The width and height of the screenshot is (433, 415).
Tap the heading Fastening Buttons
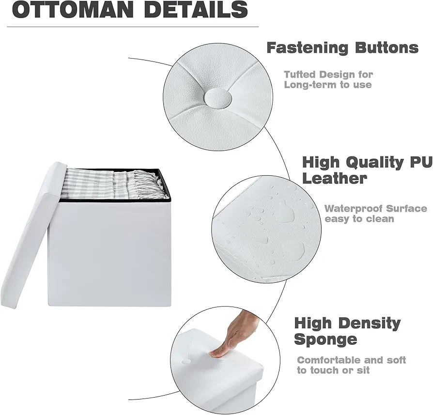click(342, 48)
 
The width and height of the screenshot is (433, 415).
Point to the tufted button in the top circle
click(218, 99)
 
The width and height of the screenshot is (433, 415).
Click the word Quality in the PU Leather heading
click(375, 162)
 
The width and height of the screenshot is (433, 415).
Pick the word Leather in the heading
click(335, 178)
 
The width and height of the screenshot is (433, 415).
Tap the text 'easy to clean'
click(359, 219)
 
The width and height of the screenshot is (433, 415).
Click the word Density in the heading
click(370, 323)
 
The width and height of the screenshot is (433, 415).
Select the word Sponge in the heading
click(326, 339)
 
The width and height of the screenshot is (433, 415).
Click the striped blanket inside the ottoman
click(110, 183)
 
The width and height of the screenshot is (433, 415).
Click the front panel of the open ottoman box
click(109, 253)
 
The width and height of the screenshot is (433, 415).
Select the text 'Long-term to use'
click(328, 85)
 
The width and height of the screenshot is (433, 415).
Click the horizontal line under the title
click(133, 27)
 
